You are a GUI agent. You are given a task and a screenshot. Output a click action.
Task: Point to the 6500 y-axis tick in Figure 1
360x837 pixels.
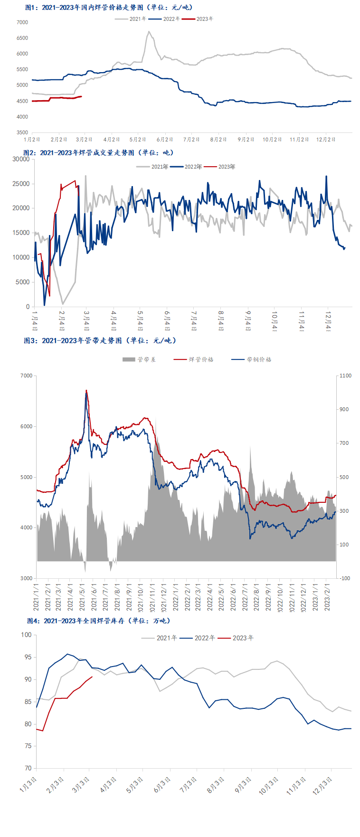point(22,38)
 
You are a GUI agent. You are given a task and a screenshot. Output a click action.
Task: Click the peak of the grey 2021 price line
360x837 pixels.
point(149,32)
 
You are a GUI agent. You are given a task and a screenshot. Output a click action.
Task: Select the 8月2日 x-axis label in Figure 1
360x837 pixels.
point(218,140)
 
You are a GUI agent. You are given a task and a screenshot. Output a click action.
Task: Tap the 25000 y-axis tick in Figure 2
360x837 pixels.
point(21,184)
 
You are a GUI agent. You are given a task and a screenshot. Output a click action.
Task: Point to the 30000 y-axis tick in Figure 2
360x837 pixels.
point(21,159)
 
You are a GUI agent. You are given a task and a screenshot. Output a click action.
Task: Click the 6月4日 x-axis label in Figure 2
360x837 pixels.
point(167,321)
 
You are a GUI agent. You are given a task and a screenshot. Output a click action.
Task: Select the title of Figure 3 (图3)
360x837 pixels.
point(100,340)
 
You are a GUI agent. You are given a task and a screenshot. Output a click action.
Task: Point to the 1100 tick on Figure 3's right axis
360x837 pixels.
point(346,376)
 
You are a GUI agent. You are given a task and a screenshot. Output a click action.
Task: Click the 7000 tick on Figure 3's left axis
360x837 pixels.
point(27,376)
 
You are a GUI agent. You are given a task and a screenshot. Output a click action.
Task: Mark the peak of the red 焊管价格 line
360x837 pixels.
point(86,390)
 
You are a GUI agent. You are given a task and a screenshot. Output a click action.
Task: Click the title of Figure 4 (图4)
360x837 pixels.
point(98,621)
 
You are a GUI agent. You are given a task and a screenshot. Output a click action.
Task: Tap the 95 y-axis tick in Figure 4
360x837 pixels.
point(28,657)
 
